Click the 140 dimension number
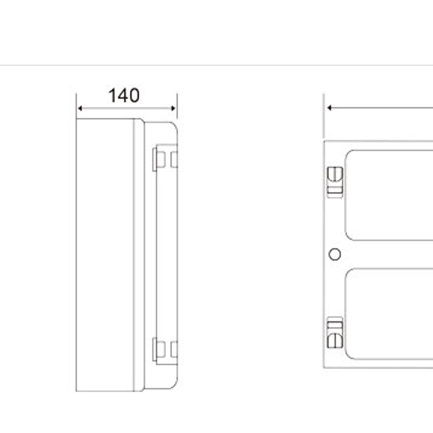(x=124, y=95)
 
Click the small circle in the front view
(x=335, y=254)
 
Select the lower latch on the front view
(x=335, y=333)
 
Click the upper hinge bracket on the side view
(x=165, y=158)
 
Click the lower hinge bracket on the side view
(x=165, y=350)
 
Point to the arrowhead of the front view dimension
(x=329, y=108)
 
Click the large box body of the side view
(x=104, y=255)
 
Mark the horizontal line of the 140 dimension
(x=126, y=108)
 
